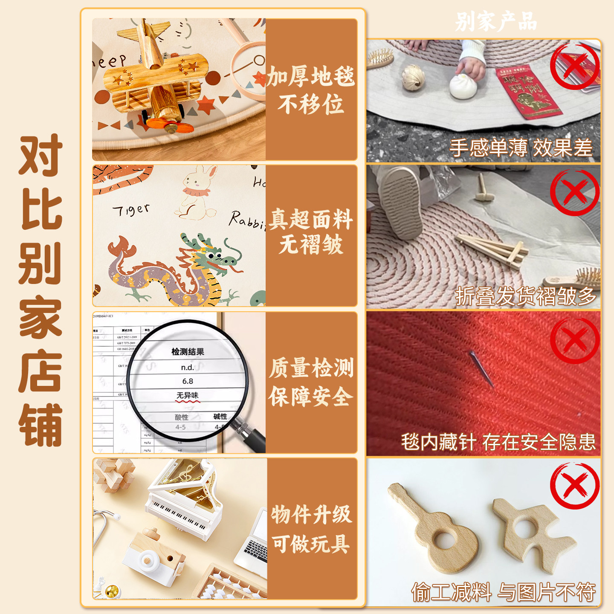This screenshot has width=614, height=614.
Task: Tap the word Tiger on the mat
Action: pyautogui.click(x=131, y=210)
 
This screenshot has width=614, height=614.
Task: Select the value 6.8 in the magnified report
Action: pyautogui.click(x=188, y=381)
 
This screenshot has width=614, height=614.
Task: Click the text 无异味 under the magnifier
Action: pyautogui.click(x=188, y=396)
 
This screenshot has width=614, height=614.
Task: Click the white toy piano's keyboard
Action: pyautogui.click(x=179, y=514)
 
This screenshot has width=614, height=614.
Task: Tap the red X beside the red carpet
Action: pyautogui.click(x=574, y=340)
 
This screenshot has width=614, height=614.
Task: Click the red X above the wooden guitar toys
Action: pyautogui.click(x=574, y=486)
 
